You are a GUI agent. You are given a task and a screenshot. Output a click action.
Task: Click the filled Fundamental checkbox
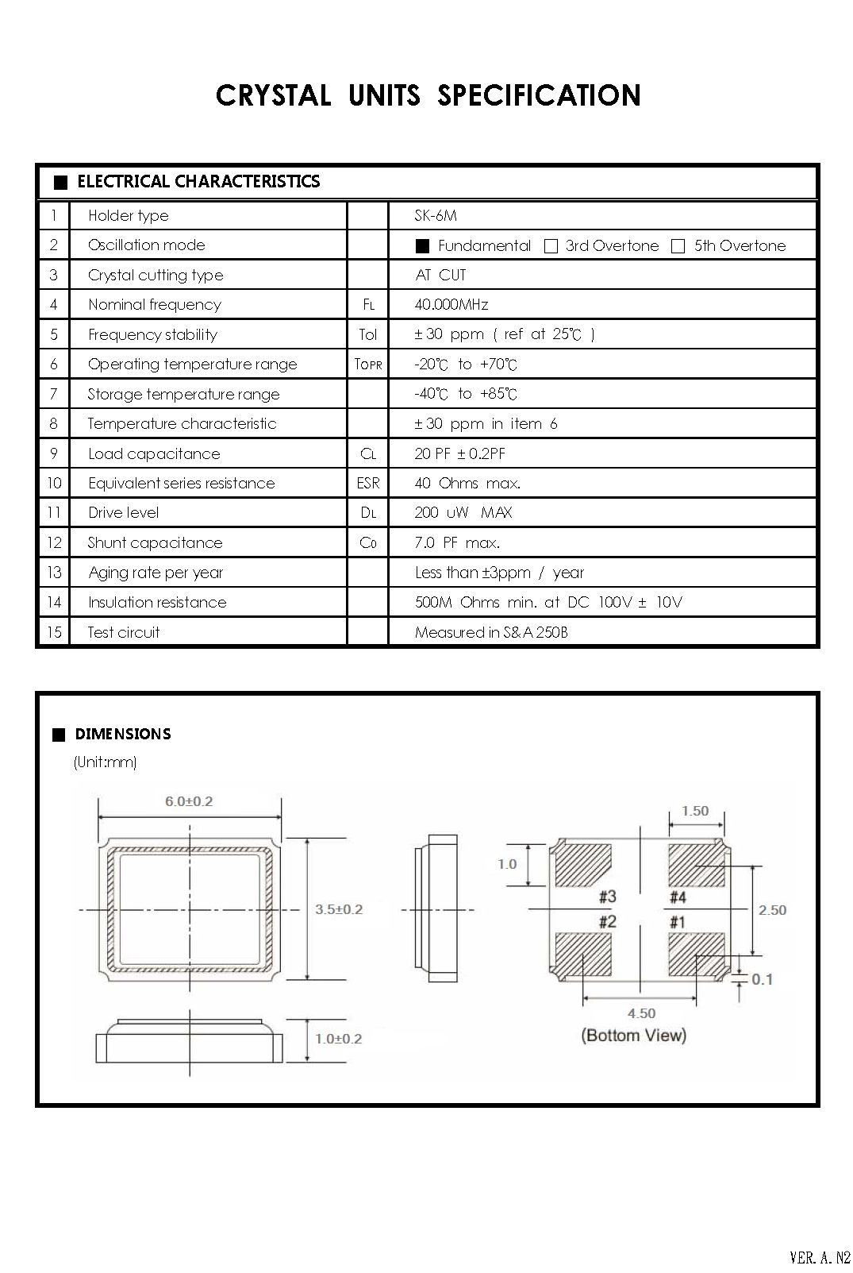[x=422, y=246]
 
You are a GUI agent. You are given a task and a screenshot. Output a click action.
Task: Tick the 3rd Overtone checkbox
[x=551, y=246]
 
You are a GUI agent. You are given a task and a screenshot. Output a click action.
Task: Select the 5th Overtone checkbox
[x=678, y=246]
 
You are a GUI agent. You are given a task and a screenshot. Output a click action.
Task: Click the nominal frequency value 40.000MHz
[x=451, y=305]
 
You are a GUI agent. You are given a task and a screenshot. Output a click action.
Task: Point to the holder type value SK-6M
[x=436, y=216]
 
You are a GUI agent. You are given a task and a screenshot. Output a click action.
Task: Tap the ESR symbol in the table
[x=368, y=484]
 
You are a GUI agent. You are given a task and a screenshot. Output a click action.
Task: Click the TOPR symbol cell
[x=368, y=365]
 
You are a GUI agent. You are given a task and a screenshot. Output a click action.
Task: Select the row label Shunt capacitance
[x=156, y=543]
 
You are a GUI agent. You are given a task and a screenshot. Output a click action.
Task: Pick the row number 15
[x=54, y=632]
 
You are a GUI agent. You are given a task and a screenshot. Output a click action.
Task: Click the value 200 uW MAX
[x=463, y=513]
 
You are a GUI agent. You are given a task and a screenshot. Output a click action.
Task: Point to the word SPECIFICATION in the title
[x=539, y=96]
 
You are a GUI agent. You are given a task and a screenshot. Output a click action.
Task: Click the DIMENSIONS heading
[x=123, y=735]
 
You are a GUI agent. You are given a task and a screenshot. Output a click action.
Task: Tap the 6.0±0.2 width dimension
[x=189, y=801]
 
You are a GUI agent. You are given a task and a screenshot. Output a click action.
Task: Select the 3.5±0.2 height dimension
[x=339, y=909]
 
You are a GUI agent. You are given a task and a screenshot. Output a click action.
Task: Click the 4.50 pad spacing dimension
[x=641, y=1013]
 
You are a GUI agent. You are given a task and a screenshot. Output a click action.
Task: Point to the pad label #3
[x=607, y=897]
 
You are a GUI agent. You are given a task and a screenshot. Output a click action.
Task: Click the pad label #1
[x=677, y=922]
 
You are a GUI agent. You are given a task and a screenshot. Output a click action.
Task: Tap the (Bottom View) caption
[x=634, y=1036]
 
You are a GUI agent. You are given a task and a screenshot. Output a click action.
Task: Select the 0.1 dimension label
[x=762, y=980]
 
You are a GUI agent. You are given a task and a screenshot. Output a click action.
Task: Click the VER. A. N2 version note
[x=820, y=1257]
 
